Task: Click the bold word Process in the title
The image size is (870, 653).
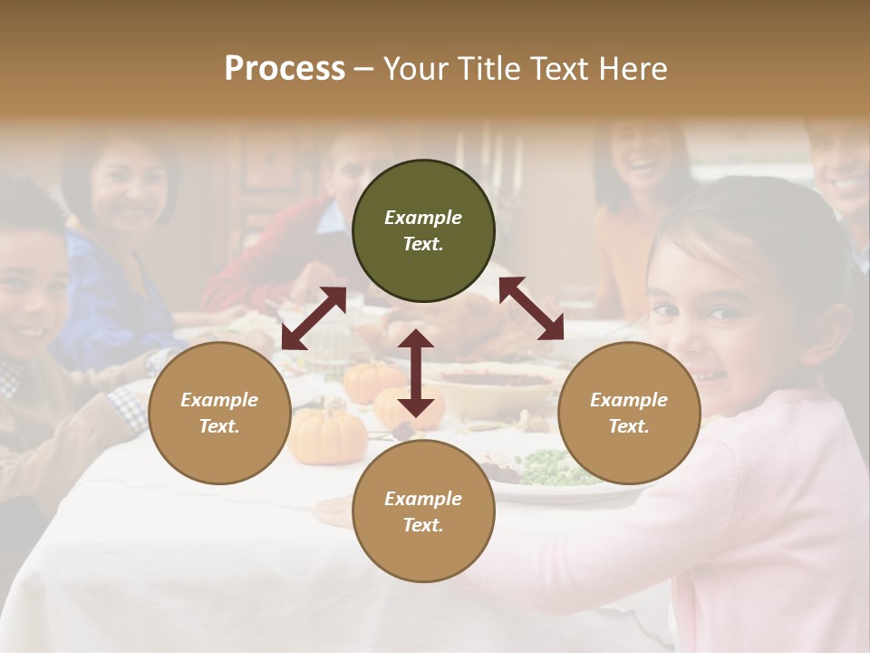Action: [x=285, y=69]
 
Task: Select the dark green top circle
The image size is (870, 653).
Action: [x=423, y=231]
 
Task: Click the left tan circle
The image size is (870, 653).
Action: [x=219, y=413]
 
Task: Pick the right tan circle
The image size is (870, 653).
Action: [x=629, y=413]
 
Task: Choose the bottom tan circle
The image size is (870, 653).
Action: [x=423, y=511]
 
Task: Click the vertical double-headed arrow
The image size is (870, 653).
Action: [x=416, y=373]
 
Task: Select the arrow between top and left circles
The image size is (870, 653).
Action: [x=314, y=317]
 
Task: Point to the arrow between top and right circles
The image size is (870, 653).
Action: [x=531, y=308]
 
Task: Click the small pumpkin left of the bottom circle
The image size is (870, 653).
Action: [x=328, y=434]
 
